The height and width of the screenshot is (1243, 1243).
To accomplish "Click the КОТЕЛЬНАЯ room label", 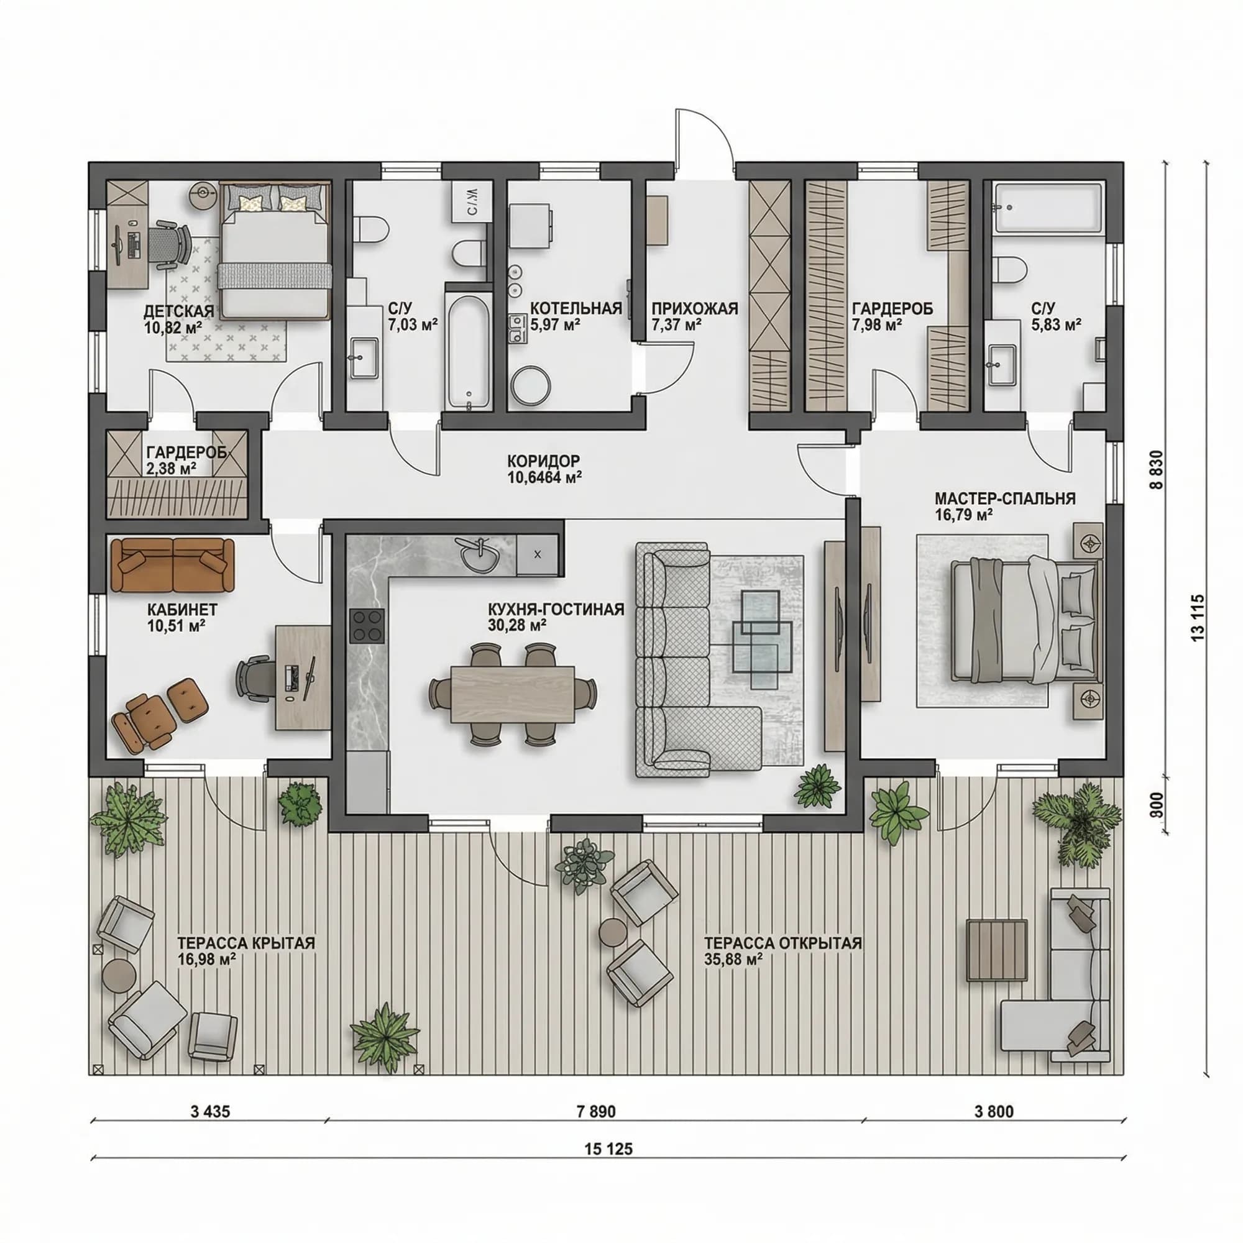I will [x=576, y=309].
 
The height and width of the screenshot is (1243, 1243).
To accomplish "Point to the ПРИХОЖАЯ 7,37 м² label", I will [x=694, y=316].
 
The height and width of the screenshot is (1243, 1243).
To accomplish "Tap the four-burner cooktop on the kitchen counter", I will [x=367, y=625].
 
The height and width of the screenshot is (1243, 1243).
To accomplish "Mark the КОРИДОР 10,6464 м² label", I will [x=544, y=469].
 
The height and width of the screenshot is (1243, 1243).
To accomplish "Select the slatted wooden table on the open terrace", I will [x=998, y=950].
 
